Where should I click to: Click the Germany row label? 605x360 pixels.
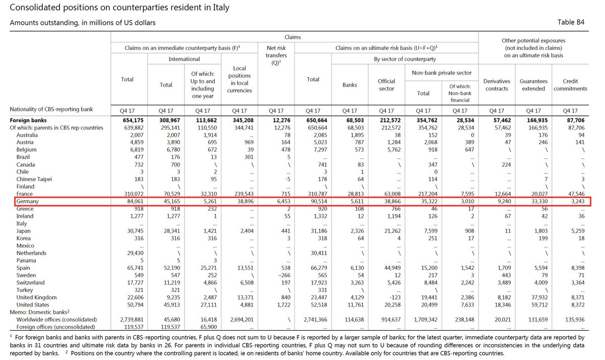(28, 202)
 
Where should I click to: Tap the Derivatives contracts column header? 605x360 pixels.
(497, 85)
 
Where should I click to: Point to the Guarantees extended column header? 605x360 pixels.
(533, 85)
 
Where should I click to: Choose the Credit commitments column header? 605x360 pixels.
(570, 85)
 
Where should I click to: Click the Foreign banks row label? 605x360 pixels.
(30, 121)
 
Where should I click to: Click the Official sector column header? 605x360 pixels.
(387, 85)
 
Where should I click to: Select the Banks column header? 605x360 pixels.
(349, 85)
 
